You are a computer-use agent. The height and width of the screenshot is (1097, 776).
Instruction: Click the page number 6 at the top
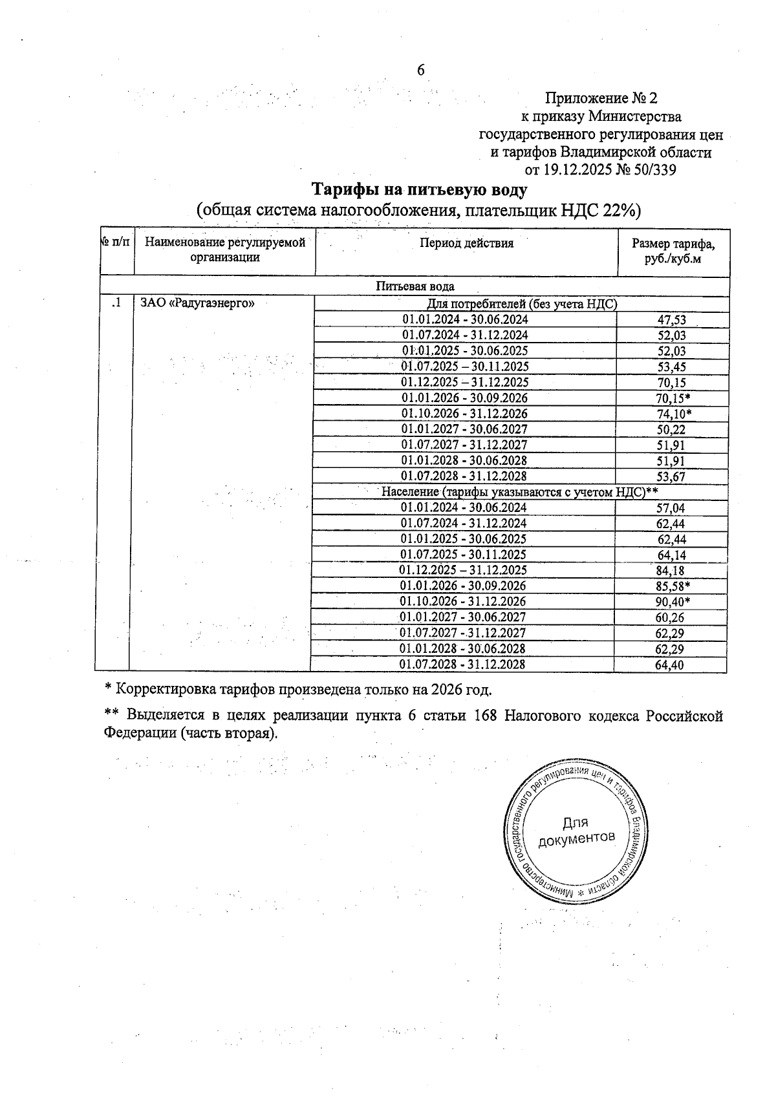(x=420, y=70)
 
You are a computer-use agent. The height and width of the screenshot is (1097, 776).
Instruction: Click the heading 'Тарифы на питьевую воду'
(x=420, y=190)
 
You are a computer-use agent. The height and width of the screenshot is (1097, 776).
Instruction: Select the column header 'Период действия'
(x=466, y=244)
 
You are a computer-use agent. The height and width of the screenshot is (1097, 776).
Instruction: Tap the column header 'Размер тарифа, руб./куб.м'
(x=673, y=251)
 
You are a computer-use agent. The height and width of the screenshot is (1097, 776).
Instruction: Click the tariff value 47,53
(x=671, y=319)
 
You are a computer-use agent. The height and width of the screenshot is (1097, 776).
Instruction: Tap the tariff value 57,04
(x=671, y=508)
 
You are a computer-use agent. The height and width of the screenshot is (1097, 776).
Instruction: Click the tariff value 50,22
(x=671, y=430)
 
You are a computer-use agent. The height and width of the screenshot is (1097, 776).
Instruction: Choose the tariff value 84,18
(x=671, y=571)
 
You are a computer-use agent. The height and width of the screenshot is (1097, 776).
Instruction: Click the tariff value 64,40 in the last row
(x=669, y=665)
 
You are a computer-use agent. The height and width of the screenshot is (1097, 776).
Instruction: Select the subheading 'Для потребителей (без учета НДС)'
(x=521, y=304)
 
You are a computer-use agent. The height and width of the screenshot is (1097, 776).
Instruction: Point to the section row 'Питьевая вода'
(x=415, y=286)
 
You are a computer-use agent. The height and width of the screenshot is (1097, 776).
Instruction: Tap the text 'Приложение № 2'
(x=601, y=98)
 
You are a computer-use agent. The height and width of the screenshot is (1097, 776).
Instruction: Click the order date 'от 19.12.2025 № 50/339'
(x=601, y=170)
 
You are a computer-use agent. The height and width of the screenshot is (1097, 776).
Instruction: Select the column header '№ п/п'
(x=116, y=242)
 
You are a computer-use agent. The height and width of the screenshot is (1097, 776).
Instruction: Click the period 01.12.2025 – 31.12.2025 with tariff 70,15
(x=465, y=382)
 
